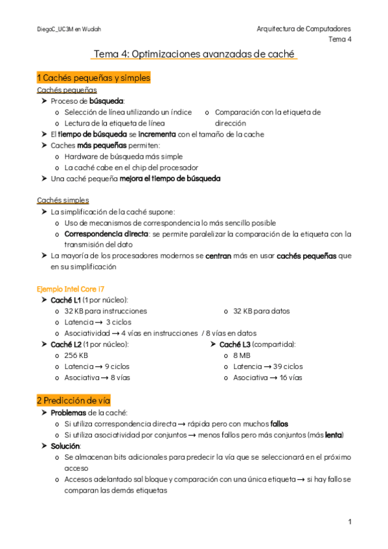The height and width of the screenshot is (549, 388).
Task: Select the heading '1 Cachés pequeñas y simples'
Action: pyautogui.click(x=93, y=78)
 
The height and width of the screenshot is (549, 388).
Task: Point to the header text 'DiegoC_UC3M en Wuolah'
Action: pyautogui.click(x=69, y=29)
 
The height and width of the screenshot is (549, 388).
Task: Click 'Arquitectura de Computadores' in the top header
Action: pyautogui.click(x=304, y=29)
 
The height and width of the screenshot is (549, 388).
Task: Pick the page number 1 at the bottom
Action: pyautogui.click(x=349, y=522)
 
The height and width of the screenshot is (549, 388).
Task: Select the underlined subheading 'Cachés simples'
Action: pyautogui.click(x=63, y=200)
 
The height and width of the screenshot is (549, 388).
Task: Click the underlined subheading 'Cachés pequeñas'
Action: pyautogui.click(x=67, y=90)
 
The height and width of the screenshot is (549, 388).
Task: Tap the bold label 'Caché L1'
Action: pyautogui.click(x=66, y=300)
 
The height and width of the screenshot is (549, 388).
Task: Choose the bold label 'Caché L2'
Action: pyautogui.click(x=66, y=344)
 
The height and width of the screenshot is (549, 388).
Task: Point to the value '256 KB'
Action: pyautogui.click(x=76, y=355)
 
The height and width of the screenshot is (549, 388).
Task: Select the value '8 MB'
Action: pyautogui.click(x=241, y=355)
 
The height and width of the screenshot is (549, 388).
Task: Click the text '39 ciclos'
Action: pyautogui.click(x=286, y=366)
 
